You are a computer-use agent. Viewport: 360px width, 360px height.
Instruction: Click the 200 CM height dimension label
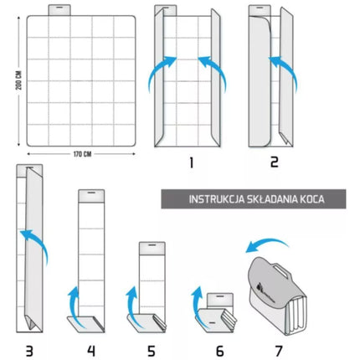pos(18,80)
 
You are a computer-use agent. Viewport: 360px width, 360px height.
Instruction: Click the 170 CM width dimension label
pos(82,154)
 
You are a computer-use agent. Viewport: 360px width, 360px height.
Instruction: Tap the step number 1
pos(191,162)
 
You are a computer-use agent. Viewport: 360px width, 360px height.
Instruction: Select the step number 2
pos(275,162)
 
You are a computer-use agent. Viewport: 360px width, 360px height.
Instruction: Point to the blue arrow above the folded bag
pos(265,241)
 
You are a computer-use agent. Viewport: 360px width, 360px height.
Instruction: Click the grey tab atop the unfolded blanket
pos(59,10)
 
